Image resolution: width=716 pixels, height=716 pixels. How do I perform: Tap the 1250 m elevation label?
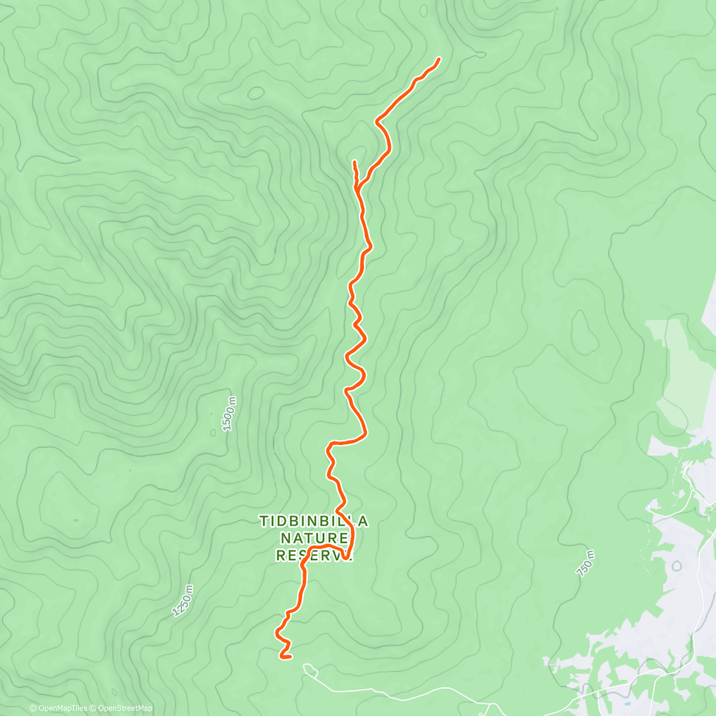183,600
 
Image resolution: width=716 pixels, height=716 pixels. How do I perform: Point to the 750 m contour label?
586,563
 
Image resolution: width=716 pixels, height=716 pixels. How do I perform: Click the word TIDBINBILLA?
314,522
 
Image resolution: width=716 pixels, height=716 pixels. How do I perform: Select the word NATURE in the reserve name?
314,539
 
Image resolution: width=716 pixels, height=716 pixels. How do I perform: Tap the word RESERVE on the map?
314,555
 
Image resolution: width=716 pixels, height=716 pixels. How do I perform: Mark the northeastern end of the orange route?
439,59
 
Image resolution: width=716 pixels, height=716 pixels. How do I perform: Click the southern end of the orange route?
282,658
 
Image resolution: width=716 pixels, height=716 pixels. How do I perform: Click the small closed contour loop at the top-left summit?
256,93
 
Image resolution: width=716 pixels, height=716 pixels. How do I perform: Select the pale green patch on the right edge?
680,370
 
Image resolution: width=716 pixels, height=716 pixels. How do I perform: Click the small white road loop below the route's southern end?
308,668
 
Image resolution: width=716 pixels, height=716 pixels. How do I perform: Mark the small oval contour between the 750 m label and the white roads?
677,565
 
